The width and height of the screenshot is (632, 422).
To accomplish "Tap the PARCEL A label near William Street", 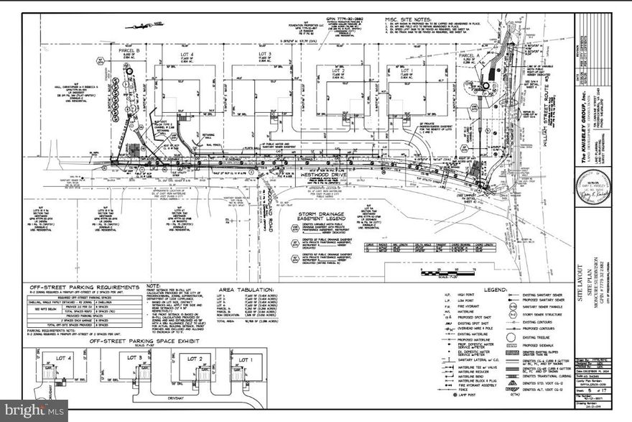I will (x=469, y=55).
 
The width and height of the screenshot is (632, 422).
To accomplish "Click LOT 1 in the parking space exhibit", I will (x=246, y=358).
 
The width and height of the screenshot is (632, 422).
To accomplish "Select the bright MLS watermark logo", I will (x=34, y=410).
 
